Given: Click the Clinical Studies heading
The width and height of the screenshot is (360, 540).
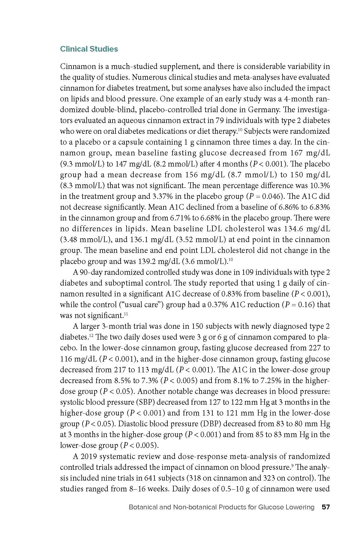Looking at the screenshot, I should [x=89, y=49].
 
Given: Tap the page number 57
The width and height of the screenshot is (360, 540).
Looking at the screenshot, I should [x=325, y=507].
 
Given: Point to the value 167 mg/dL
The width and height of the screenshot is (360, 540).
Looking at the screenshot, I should [x=310, y=153].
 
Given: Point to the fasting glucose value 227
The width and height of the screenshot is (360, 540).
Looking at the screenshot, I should [x=315, y=348].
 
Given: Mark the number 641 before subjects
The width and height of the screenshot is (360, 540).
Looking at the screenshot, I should [x=150, y=478].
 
